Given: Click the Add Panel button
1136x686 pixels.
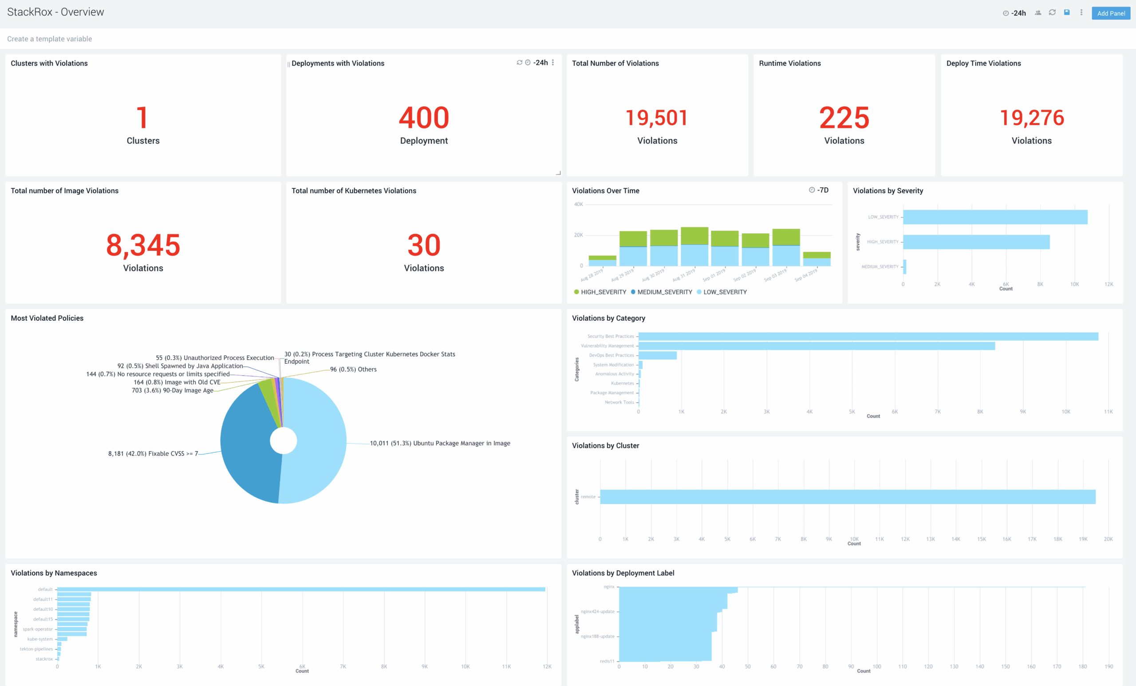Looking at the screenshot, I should tap(1110, 13).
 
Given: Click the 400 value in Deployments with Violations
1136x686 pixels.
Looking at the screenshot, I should tap(424, 118).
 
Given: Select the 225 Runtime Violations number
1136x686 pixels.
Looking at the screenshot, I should tap(844, 118).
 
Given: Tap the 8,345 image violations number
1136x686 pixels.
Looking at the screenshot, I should tap(143, 245).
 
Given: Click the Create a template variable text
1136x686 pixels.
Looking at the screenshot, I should tap(49, 39).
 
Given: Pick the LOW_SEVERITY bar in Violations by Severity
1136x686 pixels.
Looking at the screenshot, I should tap(994, 217).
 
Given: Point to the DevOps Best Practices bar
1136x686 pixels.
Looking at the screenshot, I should tap(657, 355).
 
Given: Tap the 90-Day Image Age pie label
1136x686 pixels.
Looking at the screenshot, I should tap(173, 390).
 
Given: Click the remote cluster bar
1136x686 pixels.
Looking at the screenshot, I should tap(847, 497).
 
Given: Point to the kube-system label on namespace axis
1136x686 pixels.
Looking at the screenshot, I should tap(40, 639).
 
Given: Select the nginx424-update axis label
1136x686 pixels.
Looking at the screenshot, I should tap(597, 611).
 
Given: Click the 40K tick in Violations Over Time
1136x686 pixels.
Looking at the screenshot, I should tap(578, 204).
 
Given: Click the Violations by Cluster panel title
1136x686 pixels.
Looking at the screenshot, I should tap(605, 446).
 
